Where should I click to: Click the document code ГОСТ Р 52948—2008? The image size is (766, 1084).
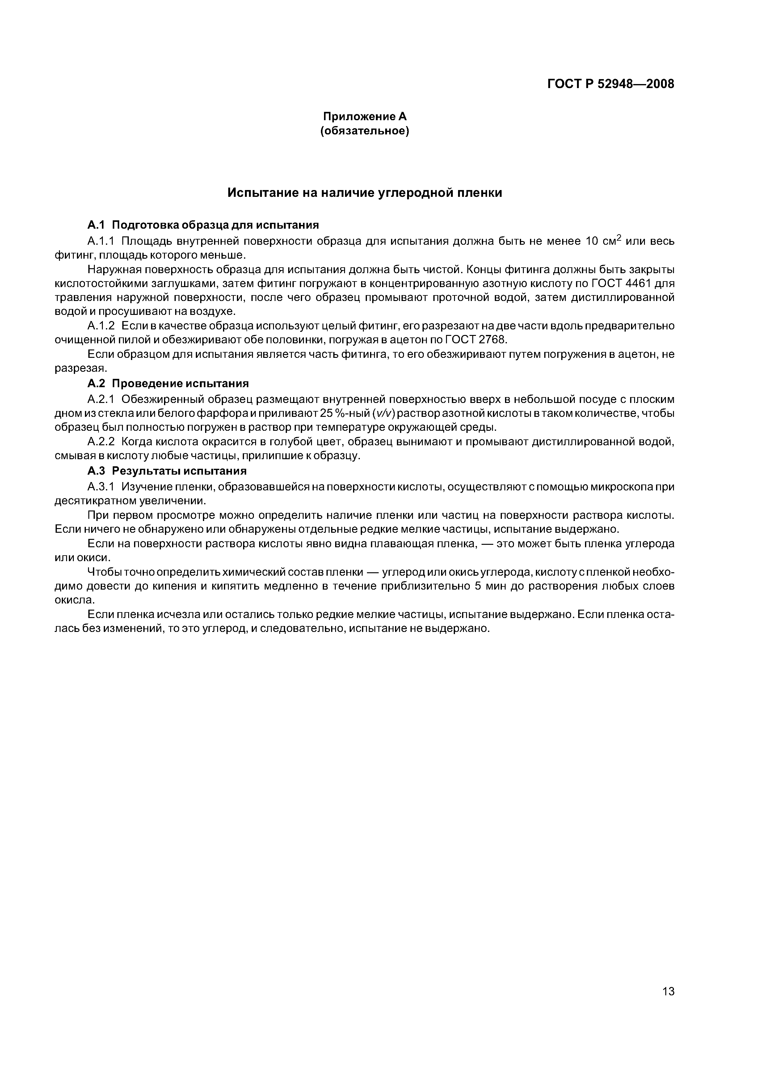(x=610, y=84)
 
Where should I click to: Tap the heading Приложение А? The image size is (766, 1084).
(x=364, y=116)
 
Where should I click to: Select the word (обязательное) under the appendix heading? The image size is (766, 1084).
(x=364, y=131)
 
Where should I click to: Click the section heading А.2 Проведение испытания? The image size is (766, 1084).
(x=167, y=383)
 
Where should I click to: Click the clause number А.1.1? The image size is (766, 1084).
(x=101, y=241)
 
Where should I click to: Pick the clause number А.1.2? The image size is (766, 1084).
(x=101, y=326)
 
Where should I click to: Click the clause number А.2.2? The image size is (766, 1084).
(x=101, y=442)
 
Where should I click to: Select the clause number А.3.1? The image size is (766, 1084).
(x=101, y=486)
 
